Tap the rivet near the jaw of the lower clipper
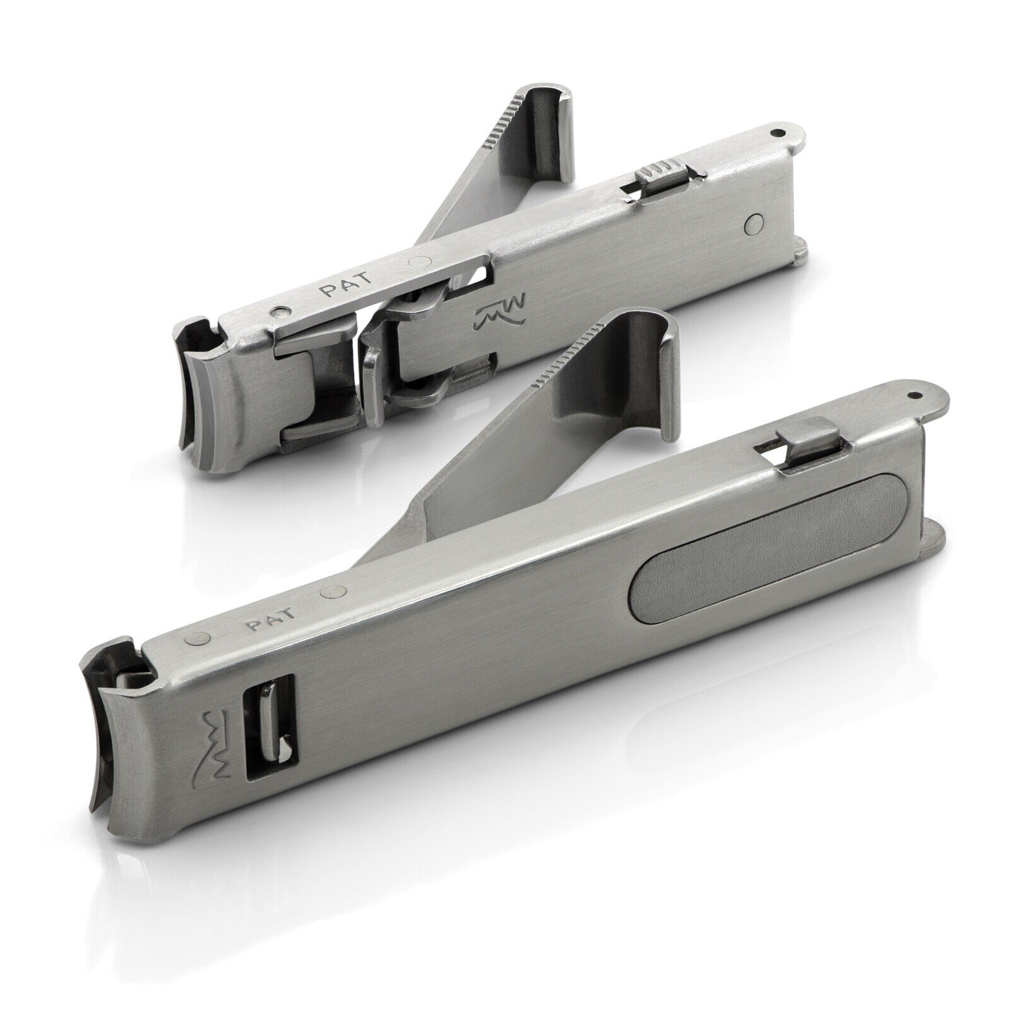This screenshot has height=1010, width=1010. point(196,639)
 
